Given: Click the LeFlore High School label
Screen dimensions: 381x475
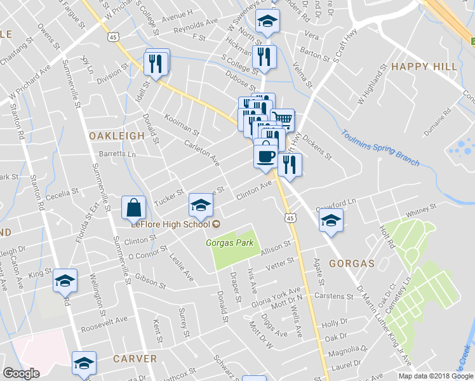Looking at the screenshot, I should point(170,224).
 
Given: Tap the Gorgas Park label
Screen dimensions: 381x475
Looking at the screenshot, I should point(229,243).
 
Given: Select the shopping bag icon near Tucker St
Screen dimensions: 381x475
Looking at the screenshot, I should point(134,207).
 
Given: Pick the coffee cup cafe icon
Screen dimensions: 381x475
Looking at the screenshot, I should point(265,155).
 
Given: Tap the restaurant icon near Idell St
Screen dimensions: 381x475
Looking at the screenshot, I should point(156,62).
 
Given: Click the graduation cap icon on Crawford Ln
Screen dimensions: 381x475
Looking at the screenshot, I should point(331,220).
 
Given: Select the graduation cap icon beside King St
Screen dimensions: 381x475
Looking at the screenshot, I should point(65,281).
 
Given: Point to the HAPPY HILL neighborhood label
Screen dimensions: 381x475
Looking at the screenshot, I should point(424,67).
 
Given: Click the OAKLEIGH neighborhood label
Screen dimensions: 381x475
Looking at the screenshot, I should point(113,136).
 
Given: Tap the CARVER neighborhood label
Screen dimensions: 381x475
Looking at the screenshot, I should point(135,359).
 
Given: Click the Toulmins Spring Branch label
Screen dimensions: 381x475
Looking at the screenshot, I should point(380,149).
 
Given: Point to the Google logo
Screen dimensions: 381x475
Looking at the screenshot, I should point(21,373).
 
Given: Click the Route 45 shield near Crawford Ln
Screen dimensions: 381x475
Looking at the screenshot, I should point(289,218).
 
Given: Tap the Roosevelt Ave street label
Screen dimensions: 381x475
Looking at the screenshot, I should point(104,324).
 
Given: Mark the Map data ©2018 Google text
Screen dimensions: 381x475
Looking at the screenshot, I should point(435,376).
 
